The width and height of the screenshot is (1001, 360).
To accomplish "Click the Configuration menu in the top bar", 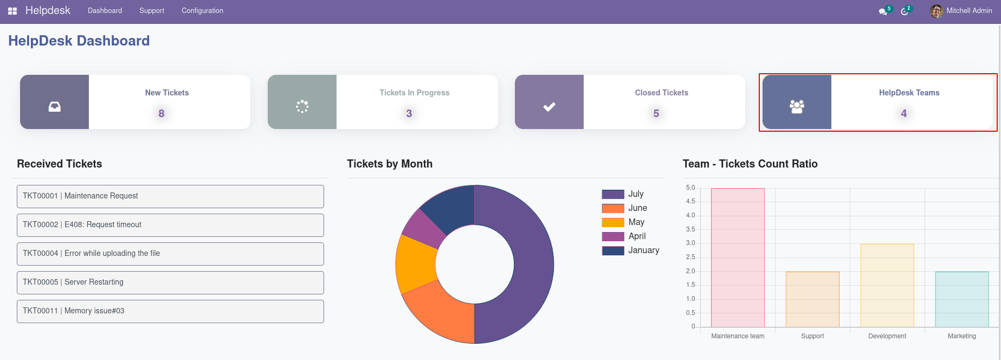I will [202, 11].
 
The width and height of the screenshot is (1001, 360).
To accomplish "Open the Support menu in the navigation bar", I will [152, 11].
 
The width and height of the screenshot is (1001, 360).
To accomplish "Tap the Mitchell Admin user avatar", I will [937, 11].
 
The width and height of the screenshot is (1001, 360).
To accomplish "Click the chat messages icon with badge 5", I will [883, 11].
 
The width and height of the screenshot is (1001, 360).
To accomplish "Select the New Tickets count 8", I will [162, 113].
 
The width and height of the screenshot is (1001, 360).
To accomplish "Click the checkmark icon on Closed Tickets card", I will [549, 107].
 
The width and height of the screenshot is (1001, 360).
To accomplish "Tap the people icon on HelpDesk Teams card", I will [797, 107].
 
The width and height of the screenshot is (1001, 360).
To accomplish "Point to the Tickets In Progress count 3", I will [409, 113].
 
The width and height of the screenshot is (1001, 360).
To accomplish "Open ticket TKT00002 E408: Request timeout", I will [170, 225].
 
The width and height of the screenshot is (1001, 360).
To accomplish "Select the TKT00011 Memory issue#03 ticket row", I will [170, 311].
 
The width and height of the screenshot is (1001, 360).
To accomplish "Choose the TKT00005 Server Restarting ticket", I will [170, 282].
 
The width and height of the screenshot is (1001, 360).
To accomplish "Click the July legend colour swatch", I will [612, 194].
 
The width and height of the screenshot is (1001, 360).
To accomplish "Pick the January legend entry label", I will [643, 250].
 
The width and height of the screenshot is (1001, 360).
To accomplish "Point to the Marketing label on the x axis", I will [961, 336].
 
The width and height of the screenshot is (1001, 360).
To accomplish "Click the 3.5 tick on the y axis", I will [690, 229].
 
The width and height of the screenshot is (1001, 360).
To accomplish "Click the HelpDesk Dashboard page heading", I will [79, 41].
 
